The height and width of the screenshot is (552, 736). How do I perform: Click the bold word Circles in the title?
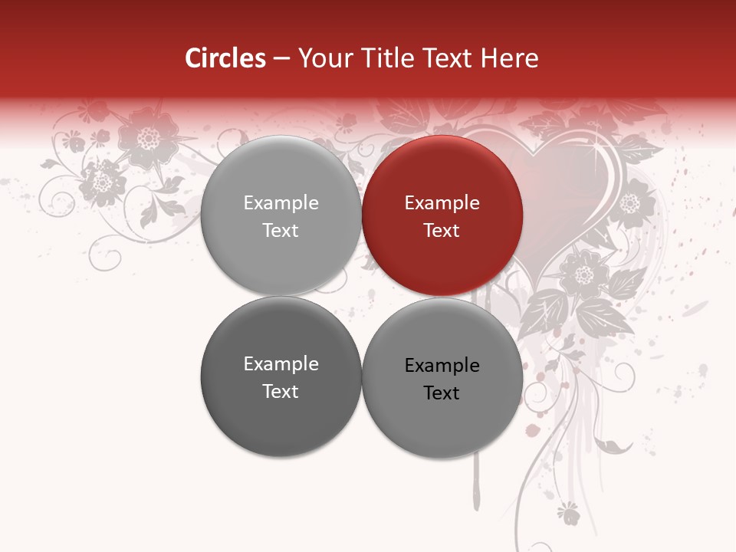pos(225,58)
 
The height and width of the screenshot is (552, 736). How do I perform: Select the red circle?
pos(442,215)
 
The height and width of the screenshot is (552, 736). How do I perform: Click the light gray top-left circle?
pos(281,215)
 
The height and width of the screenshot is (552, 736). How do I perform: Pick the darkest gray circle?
pos(281,376)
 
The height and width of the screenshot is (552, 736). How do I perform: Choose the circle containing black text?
pos(442,378)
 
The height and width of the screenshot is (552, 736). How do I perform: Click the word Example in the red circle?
pos(442,203)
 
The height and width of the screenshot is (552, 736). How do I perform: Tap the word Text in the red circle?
pos(442,230)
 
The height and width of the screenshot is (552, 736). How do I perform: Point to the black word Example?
pos(442,366)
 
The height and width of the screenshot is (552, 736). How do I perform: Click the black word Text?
pos(442,393)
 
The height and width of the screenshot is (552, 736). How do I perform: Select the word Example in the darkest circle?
pos(281,364)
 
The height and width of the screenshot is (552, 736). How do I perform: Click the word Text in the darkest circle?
pos(281,391)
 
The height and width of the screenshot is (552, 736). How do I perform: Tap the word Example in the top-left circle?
pos(281,203)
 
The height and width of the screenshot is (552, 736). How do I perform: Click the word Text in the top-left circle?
pos(281,230)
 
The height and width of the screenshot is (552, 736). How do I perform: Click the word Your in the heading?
pos(324,58)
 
